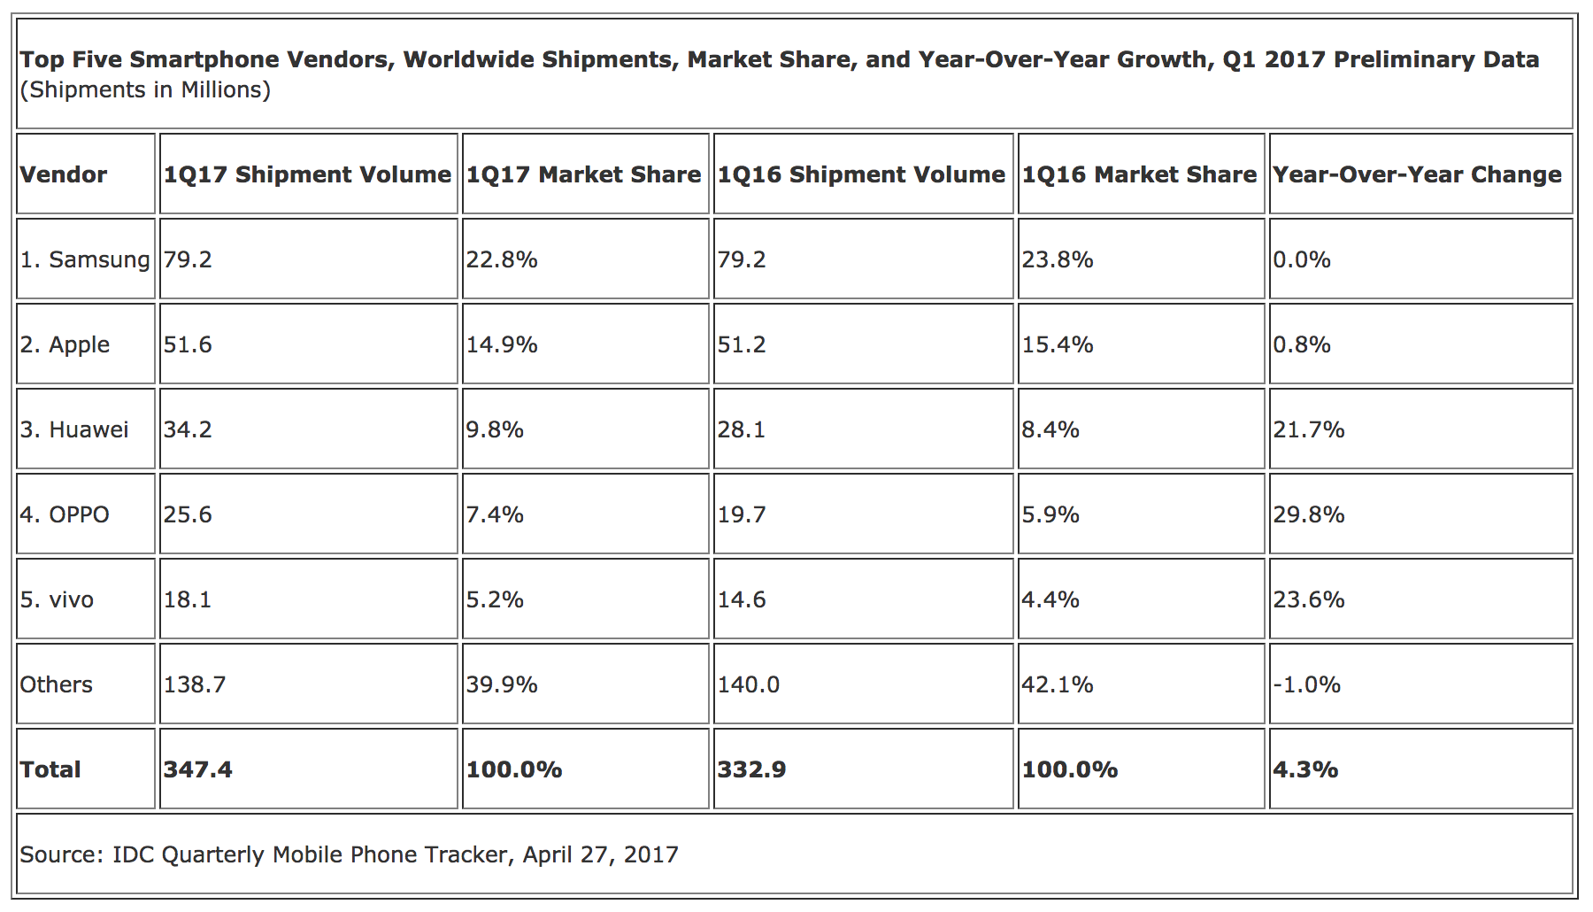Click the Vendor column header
64,174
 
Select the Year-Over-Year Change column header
1417,174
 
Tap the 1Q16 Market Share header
1139,174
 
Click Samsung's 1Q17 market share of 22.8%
502,259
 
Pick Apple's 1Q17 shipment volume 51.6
188,344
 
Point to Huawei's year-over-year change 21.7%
1309,429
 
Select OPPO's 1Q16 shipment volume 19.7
742,514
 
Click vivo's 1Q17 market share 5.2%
495,599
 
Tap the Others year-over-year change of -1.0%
1306,684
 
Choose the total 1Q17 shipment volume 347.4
197,769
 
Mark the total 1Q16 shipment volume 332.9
751,769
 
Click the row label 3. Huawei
74,429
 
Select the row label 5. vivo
57,599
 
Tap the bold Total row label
50,769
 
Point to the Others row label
56,684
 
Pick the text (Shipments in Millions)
145,90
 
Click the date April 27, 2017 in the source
600,854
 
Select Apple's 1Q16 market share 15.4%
1058,344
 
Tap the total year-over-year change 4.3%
1305,769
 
